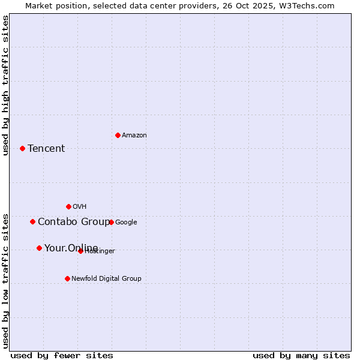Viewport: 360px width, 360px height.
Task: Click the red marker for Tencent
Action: pos(22,148)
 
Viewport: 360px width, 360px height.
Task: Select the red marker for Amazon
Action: pos(118,135)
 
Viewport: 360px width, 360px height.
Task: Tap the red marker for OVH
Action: pos(68,206)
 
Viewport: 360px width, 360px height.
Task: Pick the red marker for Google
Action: pos(111,222)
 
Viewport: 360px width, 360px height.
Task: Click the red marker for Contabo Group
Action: pos(32,221)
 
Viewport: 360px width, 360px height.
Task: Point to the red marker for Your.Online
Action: pos(39,248)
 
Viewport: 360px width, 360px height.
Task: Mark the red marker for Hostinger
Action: pos(80,251)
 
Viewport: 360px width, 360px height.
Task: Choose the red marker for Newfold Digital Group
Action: pos(67,278)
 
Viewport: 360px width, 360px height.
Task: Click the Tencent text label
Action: pos(46,149)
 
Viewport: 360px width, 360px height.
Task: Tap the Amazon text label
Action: pos(134,136)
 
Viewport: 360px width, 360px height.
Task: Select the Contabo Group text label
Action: pos(73,222)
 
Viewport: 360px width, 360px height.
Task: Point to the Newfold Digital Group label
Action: pos(106,278)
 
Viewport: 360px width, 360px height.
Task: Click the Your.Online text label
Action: pos(71,248)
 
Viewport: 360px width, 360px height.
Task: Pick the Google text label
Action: pos(126,222)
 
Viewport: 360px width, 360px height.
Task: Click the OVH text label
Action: pos(80,207)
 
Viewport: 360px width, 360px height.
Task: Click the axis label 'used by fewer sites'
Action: pos(62,356)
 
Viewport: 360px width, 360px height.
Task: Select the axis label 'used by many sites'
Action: pos(301,356)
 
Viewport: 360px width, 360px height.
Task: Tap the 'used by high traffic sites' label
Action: pos(5,85)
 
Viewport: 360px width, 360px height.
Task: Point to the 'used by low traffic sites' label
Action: pos(5,281)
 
